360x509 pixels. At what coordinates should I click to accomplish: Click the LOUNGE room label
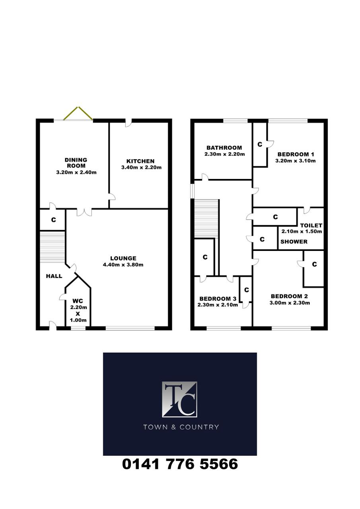(123, 258)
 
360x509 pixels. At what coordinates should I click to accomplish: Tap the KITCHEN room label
(140, 161)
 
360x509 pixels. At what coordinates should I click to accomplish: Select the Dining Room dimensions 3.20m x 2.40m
(76, 173)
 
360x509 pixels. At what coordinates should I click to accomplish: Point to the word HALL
(54, 276)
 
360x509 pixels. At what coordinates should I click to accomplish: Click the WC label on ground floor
(78, 301)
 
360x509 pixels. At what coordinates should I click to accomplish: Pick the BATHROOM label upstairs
(224, 148)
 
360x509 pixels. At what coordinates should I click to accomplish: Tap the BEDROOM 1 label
(296, 155)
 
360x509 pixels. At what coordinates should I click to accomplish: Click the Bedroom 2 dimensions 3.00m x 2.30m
(290, 303)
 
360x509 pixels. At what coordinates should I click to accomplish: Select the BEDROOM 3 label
(218, 299)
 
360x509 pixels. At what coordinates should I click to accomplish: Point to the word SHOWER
(294, 241)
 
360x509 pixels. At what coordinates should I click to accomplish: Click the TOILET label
(311, 225)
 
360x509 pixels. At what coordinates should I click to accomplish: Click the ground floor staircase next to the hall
(52, 247)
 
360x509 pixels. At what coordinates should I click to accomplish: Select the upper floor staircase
(206, 219)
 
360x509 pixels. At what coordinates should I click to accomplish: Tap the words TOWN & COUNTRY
(181, 427)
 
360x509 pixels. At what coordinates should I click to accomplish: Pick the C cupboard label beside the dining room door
(53, 220)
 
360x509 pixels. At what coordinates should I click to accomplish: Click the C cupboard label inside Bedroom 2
(314, 264)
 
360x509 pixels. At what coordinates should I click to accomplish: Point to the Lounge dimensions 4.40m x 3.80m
(123, 264)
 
